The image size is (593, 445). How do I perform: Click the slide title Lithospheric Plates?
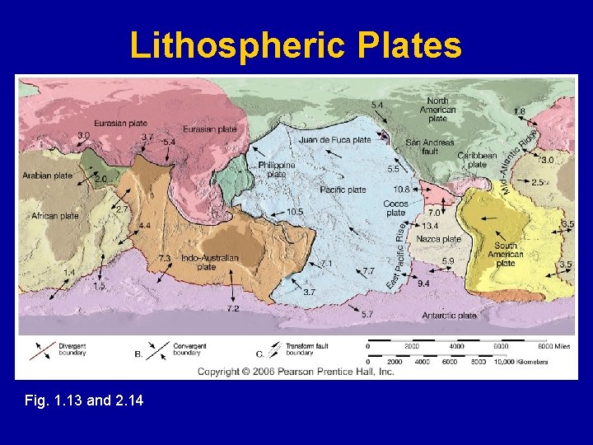[296, 46]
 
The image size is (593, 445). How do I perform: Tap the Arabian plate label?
[48, 176]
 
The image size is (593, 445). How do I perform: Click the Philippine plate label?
[277, 170]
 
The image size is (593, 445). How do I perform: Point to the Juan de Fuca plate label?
[335, 140]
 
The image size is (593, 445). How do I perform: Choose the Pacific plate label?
[343, 190]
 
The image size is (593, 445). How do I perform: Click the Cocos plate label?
[396, 208]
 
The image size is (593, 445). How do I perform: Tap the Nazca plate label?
[439, 239]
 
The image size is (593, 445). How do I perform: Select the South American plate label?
[507, 255]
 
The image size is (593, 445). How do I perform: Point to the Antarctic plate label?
[451, 315]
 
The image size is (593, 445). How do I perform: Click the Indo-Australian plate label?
[210, 262]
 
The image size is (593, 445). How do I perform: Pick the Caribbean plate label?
[478, 159]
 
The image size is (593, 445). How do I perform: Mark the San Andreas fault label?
[430, 147]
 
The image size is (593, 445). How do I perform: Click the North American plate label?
[438, 110]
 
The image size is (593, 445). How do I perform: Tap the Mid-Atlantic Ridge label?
[521, 160]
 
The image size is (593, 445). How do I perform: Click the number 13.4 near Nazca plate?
[431, 226]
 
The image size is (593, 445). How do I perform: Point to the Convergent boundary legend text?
[190, 349]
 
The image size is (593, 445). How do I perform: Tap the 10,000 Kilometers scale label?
[528, 362]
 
